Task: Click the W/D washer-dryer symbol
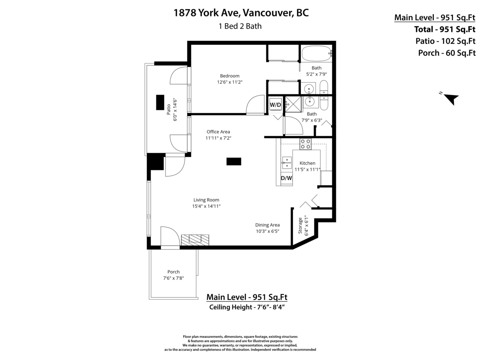point(275,105)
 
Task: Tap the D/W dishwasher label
point(286,178)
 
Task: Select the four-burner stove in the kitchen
point(306,144)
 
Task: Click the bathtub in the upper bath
point(317,54)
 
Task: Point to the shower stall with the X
point(294,104)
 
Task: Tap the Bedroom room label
point(230,76)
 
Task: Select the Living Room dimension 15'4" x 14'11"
point(206,206)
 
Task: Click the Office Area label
point(218,132)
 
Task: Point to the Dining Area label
point(268,225)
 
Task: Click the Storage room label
point(300,226)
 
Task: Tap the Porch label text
point(174,272)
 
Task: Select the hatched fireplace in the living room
point(195,240)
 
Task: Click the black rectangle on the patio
point(160,102)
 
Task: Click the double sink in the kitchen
point(287,163)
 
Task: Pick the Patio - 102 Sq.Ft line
point(445,41)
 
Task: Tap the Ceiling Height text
point(247,307)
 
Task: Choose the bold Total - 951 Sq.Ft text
point(444,29)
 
